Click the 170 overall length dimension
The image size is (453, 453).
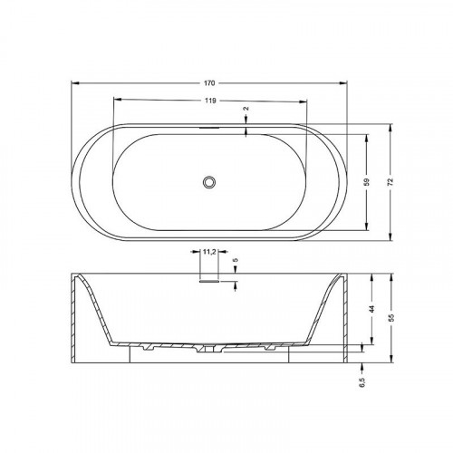(209, 83)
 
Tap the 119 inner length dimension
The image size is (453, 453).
(210, 101)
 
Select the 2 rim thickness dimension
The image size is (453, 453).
(246, 109)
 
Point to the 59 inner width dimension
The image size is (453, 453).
(367, 182)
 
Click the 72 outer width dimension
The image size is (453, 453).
(390, 182)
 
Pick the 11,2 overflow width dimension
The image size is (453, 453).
(209, 252)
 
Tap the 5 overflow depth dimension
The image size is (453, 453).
(236, 260)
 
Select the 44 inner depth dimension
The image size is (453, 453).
(372, 309)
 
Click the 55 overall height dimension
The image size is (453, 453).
(391, 317)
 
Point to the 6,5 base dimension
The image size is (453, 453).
(362, 381)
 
